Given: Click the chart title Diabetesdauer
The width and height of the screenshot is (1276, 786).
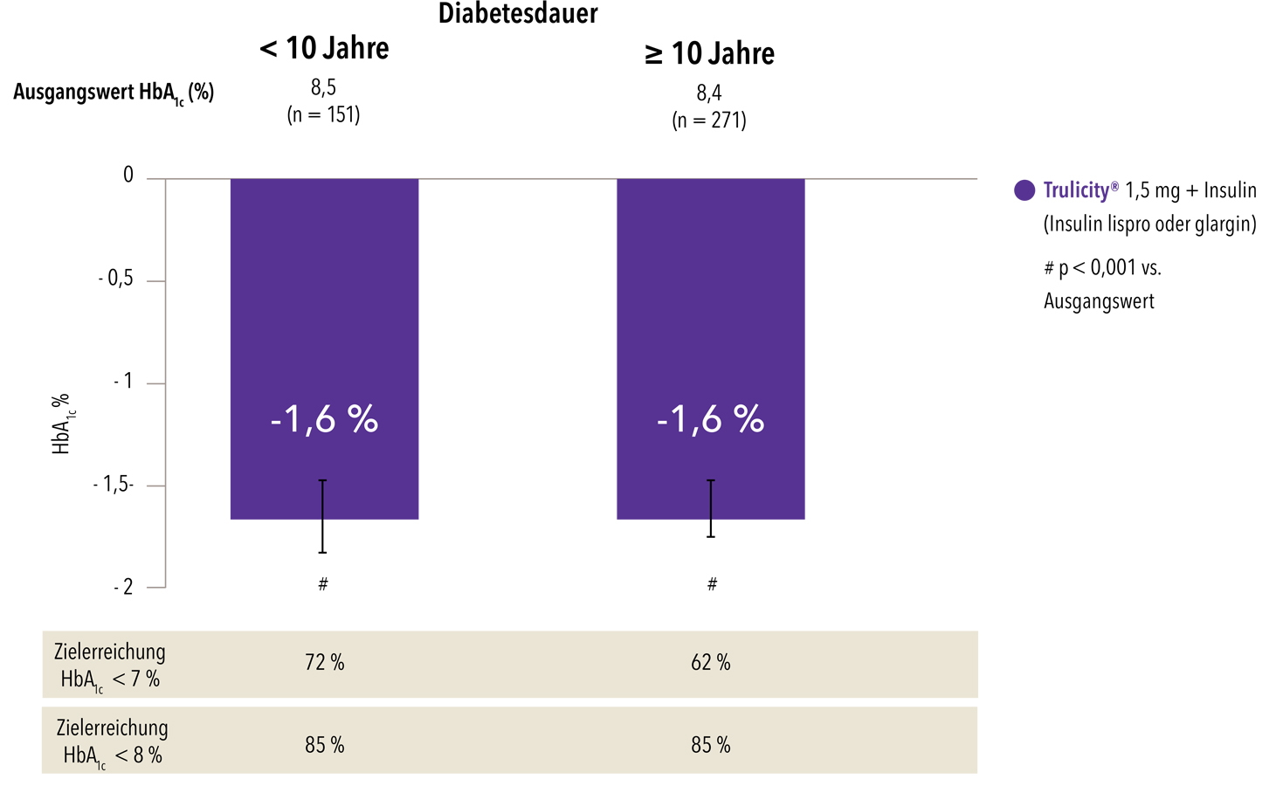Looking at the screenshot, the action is pyautogui.click(x=517, y=14).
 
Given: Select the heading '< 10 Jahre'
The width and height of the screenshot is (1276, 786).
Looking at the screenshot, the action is pyautogui.click(x=324, y=48).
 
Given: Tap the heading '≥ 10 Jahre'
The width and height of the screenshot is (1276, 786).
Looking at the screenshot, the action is pyautogui.click(x=709, y=53).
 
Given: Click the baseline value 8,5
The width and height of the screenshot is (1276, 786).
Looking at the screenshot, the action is pyautogui.click(x=323, y=87).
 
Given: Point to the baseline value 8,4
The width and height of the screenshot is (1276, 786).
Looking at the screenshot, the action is pyautogui.click(x=709, y=93).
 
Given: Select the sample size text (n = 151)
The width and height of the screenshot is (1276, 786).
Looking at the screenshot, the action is pyautogui.click(x=323, y=114).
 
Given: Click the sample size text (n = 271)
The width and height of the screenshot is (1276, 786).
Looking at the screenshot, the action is pyautogui.click(x=709, y=120).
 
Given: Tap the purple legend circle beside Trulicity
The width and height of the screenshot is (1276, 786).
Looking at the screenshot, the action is pyautogui.click(x=1024, y=190).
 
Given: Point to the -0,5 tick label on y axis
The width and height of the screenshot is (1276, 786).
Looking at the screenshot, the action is pyautogui.click(x=115, y=279).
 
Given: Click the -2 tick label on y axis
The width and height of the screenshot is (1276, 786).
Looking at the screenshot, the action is pyautogui.click(x=123, y=587).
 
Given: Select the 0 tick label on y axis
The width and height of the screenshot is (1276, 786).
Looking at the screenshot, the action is pyautogui.click(x=128, y=176).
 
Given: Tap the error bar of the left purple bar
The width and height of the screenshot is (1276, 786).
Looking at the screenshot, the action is pyautogui.click(x=322, y=516).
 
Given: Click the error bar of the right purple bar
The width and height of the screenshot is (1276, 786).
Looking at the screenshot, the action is pyautogui.click(x=711, y=508).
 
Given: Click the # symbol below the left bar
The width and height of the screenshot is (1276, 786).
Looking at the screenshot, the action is pyautogui.click(x=323, y=584).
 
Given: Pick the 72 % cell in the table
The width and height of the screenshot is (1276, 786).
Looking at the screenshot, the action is pyautogui.click(x=325, y=663).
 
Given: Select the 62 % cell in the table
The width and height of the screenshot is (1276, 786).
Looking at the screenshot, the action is pyautogui.click(x=710, y=663).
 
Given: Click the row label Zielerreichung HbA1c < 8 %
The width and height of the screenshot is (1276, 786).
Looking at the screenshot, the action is pyautogui.click(x=112, y=741).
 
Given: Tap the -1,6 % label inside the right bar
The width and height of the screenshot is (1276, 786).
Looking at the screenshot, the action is pyautogui.click(x=710, y=420).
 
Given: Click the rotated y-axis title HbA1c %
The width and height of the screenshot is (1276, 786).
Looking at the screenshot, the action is pyautogui.click(x=62, y=424).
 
